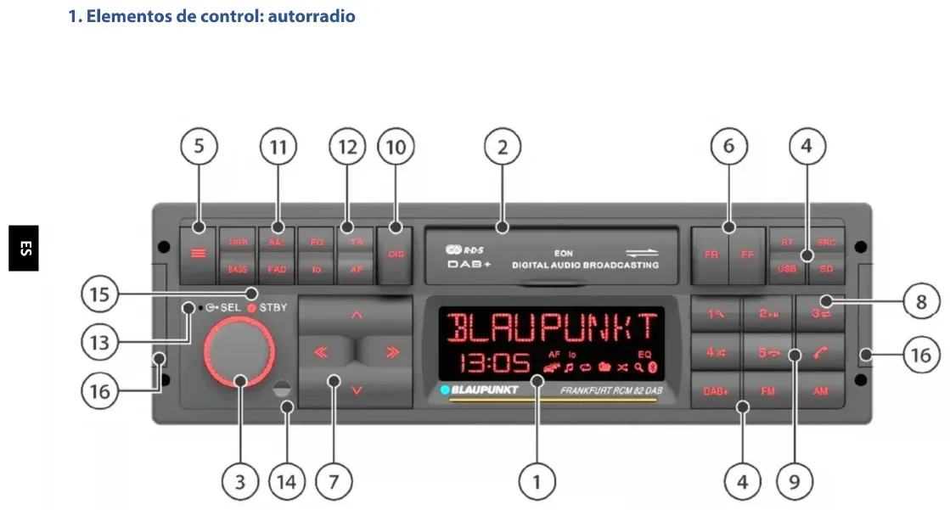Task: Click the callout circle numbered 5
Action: (199, 147)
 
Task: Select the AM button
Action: (820, 392)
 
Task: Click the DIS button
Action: (396, 253)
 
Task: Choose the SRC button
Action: (827, 242)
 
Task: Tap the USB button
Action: (787, 269)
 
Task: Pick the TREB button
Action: (238, 242)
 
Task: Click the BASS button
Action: (238, 269)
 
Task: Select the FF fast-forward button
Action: (747, 254)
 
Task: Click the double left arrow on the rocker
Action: (321, 352)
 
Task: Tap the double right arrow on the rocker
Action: (391, 352)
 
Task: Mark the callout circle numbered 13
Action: (100, 343)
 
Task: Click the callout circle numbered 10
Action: (396, 147)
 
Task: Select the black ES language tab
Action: (25, 249)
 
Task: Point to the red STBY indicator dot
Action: (251, 307)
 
